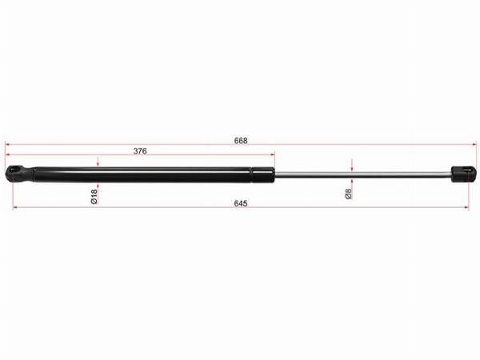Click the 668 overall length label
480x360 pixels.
(x=241, y=141)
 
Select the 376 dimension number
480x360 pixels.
(x=140, y=151)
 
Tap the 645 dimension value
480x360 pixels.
(x=241, y=203)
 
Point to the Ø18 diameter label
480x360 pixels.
(x=94, y=196)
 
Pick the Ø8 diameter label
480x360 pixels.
(x=348, y=194)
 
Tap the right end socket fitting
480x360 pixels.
(x=464, y=174)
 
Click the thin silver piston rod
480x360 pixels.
(x=362, y=174)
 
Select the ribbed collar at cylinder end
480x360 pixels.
(x=262, y=174)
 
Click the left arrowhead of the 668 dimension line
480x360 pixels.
(x=8, y=144)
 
